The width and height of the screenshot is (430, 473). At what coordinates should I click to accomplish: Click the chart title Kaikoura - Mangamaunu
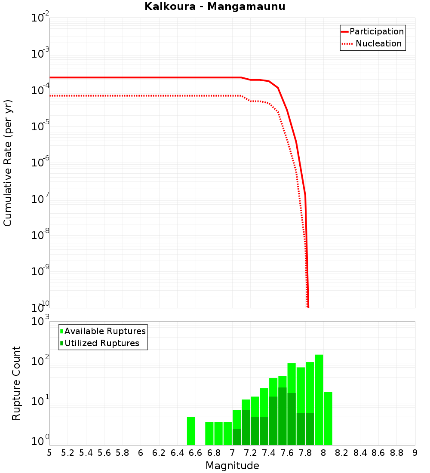[215, 6]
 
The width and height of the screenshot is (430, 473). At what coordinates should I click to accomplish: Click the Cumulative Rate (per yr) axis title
[8, 163]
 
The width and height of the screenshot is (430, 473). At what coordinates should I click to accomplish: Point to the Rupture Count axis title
[16, 383]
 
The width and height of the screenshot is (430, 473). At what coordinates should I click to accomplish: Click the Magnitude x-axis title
[232, 466]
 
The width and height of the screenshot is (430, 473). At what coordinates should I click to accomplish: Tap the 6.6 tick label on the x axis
[196, 453]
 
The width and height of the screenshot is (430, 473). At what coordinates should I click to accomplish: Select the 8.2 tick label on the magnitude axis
[342, 453]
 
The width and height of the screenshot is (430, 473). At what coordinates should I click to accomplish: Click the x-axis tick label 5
[49, 453]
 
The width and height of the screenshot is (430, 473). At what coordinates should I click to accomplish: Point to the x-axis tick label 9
[415, 453]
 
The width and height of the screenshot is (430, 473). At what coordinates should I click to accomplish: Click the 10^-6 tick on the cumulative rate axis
[40, 163]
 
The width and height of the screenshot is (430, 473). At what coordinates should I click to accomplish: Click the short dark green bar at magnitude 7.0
[237, 437]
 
